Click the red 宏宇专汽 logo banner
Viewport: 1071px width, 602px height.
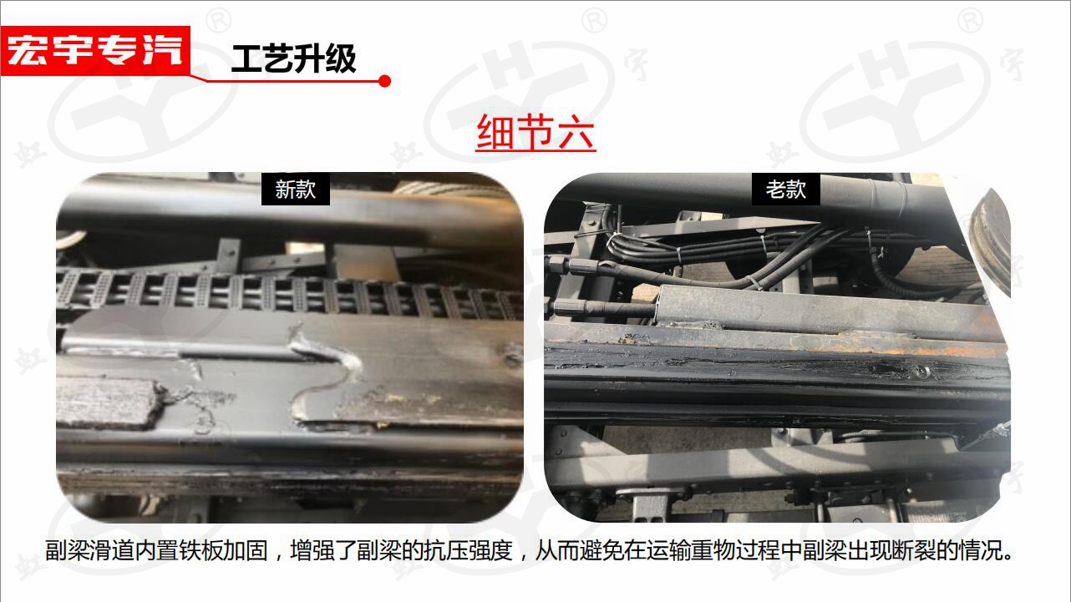click(x=95, y=51)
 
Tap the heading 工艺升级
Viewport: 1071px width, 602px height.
click(x=293, y=58)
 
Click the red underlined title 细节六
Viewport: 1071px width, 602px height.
click(x=535, y=132)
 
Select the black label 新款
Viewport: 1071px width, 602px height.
click(x=296, y=190)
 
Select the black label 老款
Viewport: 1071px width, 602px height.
click(x=785, y=190)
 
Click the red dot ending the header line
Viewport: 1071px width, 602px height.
click(x=384, y=81)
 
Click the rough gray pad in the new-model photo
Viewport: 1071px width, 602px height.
click(x=109, y=402)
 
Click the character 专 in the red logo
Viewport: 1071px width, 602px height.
click(x=117, y=51)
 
